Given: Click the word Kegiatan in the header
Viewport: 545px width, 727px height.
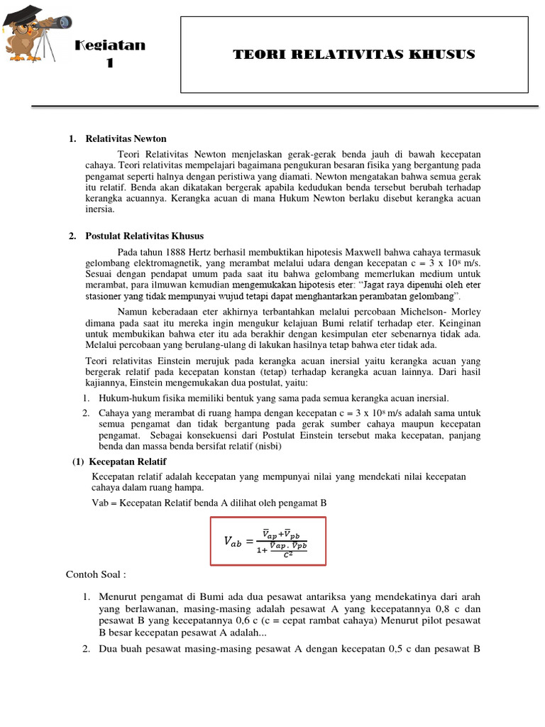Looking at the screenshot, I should coord(110,45).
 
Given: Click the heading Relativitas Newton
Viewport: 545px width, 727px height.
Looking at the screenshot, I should coord(126,138).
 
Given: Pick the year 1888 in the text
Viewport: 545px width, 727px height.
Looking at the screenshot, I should coord(175,251).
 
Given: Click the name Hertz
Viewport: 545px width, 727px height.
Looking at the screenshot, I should coord(203,251).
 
